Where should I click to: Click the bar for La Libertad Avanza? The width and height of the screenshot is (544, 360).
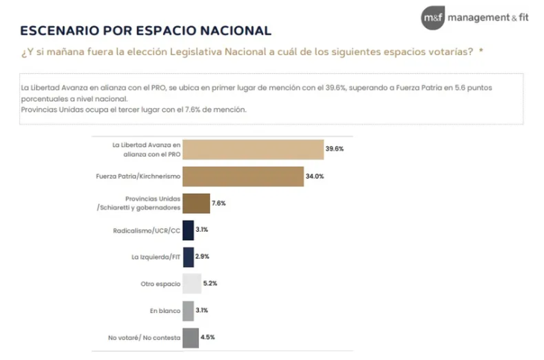coord(253,149)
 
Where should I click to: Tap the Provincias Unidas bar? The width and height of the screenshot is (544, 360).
coord(196,203)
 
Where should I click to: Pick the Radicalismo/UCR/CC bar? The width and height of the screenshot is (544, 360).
coord(188,230)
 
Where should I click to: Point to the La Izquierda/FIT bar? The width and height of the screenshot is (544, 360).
coord(188,257)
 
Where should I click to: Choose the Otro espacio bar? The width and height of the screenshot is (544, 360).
coord(192,284)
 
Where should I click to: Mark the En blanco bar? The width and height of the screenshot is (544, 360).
coord(188,311)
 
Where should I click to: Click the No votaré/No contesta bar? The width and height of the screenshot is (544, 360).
coord(191,338)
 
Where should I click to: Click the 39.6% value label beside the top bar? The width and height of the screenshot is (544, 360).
coord(335,149)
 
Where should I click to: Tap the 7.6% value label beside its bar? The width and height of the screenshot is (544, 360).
coord(218,203)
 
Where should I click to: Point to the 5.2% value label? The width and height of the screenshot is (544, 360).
coord(211,284)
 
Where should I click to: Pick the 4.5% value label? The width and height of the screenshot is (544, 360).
coord(208,338)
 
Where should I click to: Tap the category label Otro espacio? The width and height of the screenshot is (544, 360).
coord(159,284)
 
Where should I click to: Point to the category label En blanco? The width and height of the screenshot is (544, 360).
coord(165,311)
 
